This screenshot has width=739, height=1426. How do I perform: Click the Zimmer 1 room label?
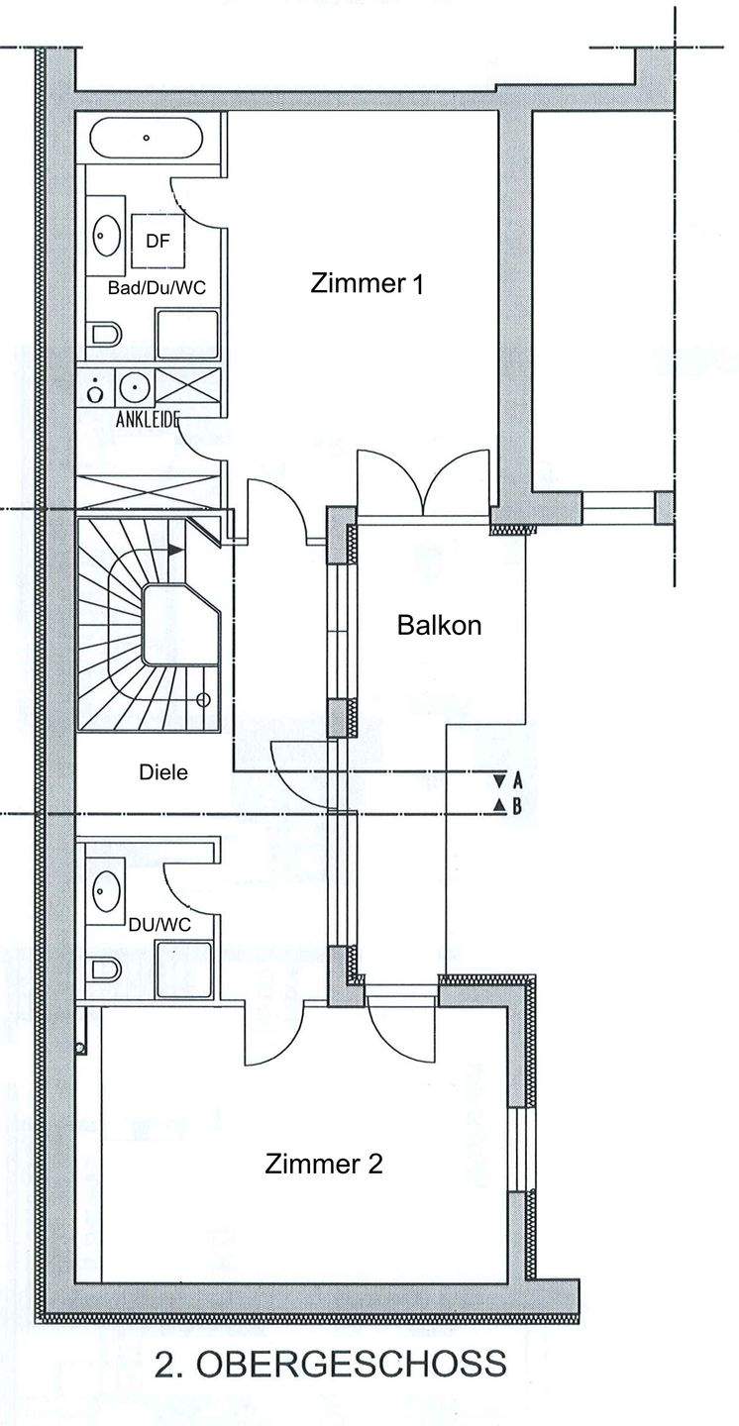pyautogui.click(x=367, y=284)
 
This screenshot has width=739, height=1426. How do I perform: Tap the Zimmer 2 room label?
pyautogui.click(x=324, y=1165)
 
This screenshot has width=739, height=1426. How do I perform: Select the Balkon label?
pyautogui.click(x=439, y=625)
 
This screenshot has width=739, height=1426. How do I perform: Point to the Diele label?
pyautogui.click(x=163, y=772)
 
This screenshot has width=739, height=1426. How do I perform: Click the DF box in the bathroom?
pyautogui.click(x=158, y=241)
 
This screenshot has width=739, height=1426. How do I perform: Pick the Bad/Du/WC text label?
pyautogui.click(x=157, y=288)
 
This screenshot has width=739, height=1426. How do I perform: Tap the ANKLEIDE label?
pyautogui.click(x=148, y=419)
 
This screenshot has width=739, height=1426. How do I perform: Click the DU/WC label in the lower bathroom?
pyautogui.click(x=159, y=924)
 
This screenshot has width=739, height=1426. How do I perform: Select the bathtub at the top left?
pyautogui.click(x=148, y=139)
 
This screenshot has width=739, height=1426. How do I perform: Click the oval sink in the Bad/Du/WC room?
pyautogui.click(x=106, y=235)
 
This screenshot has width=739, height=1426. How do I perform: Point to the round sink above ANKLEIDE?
pyautogui.click(x=135, y=385)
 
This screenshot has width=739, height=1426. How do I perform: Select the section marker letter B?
pyautogui.click(x=517, y=807)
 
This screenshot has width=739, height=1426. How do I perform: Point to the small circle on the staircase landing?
pyautogui.click(x=203, y=700)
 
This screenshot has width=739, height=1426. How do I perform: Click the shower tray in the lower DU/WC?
pyautogui.click(x=184, y=967)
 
